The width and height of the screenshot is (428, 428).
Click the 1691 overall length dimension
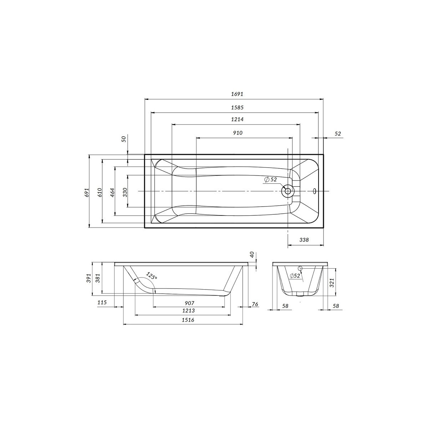click(x=237, y=94)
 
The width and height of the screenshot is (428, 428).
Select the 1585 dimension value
click(x=237, y=107)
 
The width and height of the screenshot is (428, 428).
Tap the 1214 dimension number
click(x=237, y=119)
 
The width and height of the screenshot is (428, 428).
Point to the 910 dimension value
click(x=238, y=133)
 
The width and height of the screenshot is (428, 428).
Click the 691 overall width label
click(x=87, y=192)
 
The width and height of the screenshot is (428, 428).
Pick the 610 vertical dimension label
click(x=100, y=192)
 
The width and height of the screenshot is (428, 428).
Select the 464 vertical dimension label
click(x=112, y=192)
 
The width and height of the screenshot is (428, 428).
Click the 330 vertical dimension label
click(x=125, y=192)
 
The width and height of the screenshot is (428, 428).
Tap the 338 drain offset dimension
click(x=304, y=240)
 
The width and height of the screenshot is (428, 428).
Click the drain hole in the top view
click(x=287, y=191)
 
